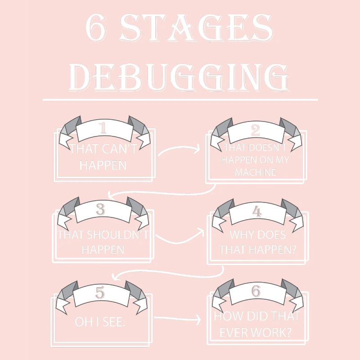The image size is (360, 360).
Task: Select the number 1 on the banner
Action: (103, 129)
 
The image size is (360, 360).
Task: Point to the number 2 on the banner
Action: (255, 130)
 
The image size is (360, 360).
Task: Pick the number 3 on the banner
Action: (101, 209)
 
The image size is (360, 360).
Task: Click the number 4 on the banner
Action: (257, 211)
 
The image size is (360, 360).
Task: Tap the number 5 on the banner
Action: (100, 292)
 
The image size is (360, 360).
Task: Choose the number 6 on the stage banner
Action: (256, 291)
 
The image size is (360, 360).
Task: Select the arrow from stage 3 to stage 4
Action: (180, 237)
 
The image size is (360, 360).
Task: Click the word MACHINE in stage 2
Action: (255, 172)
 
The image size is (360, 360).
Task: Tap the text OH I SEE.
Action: (100, 322)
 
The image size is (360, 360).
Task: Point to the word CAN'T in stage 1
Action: (119, 148)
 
